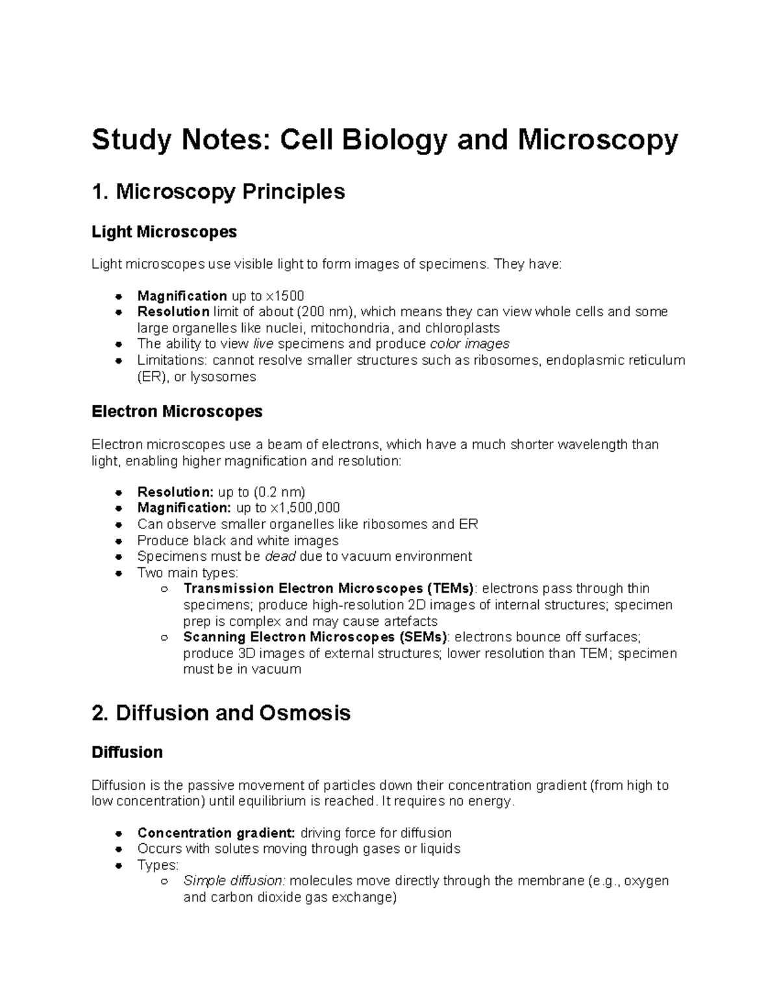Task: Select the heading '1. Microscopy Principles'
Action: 218,192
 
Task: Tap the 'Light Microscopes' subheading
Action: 164,232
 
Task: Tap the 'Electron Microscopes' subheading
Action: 177,412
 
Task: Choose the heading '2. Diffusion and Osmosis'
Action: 221,713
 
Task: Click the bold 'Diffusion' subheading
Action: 127,752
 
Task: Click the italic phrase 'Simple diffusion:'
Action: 234,881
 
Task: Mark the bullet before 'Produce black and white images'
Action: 118,541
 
